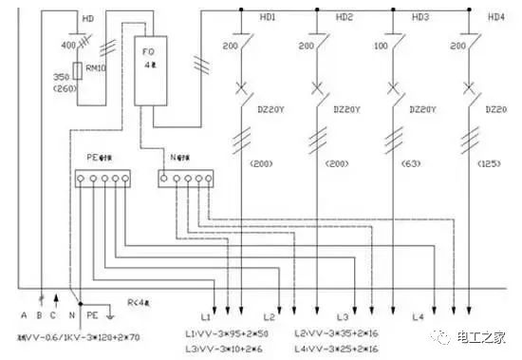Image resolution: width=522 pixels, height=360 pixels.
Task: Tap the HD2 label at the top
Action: coord(345,17)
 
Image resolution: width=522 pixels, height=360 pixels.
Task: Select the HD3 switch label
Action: coord(420,17)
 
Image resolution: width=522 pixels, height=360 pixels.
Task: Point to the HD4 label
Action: coord(495,17)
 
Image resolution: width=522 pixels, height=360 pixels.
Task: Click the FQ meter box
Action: coord(153,72)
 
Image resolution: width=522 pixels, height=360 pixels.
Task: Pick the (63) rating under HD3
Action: coord(415,163)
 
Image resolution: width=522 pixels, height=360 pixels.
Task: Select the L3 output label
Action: coord(343,314)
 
